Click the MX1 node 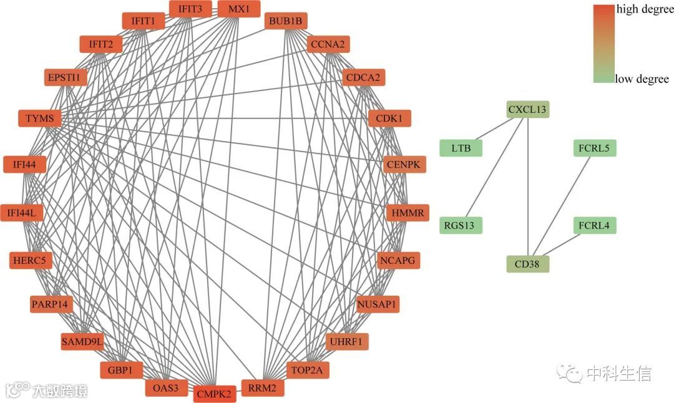pyautogui.click(x=238, y=9)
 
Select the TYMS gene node pyautogui.click(x=40, y=118)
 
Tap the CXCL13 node pyautogui.click(x=527, y=110)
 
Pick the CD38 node pyautogui.click(x=527, y=263)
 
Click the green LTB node pyautogui.click(x=461, y=148)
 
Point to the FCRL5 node pyautogui.click(x=594, y=148)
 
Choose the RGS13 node pyautogui.click(x=461, y=225)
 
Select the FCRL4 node pyautogui.click(x=594, y=225)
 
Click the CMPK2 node pyautogui.click(x=214, y=394)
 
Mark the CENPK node pyautogui.click(x=405, y=165)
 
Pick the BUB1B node pyautogui.click(x=285, y=22)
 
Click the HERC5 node pyautogui.click(x=31, y=260)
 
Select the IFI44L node pyautogui.click(x=22, y=213)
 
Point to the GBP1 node pyautogui.click(x=121, y=370)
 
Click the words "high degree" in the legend pyautogui.click(x=645, y=9)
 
